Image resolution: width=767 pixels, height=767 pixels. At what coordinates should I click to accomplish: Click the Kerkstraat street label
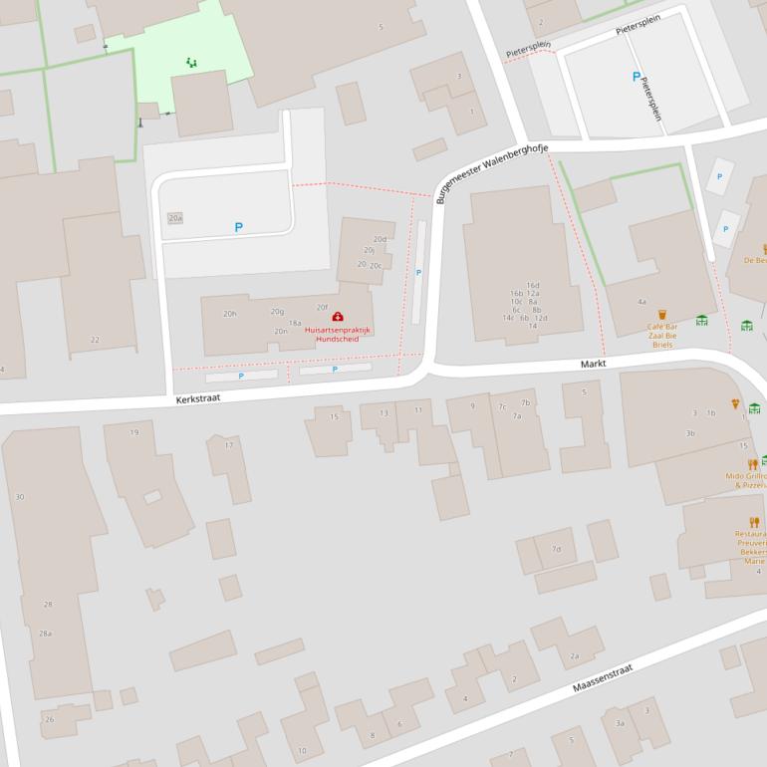(x=197, y=396)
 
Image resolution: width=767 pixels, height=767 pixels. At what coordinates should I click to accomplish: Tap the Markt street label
(x=594, y=365)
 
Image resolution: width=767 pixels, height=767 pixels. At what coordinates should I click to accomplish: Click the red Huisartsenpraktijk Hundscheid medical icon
(x=337, y=317)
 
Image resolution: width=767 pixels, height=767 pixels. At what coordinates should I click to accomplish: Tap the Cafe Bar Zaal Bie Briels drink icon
(x=662, y=315)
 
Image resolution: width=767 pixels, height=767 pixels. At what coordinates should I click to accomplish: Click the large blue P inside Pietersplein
(x=636, y=77)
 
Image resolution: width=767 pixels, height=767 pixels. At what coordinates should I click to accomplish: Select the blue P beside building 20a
(x=238, y=227)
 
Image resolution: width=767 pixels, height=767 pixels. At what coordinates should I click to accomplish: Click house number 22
(x=95, y=340)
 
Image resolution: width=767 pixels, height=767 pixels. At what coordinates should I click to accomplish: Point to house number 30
(x=20, y=496)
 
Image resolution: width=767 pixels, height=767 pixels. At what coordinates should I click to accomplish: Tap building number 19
(x=134, y=432)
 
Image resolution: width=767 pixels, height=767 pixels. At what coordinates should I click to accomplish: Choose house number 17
(x=229, y=445)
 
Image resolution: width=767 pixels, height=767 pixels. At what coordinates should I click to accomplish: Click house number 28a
(x=45, y=633)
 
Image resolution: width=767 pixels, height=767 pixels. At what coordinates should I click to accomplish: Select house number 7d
(x=556, y=549)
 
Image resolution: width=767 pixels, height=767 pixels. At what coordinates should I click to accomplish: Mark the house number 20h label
(x=230, y=314)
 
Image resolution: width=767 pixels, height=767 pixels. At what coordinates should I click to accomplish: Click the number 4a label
(x=641, y=302)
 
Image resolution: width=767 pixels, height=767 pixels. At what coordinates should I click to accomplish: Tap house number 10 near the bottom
(x=302, y=750)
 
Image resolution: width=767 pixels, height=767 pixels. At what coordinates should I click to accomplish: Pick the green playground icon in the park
(x=191, y=63)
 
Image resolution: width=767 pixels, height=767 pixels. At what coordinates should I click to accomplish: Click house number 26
(x=50, y=719)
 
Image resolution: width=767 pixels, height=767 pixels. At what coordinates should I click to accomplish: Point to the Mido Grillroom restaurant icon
(x=752, y=464)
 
